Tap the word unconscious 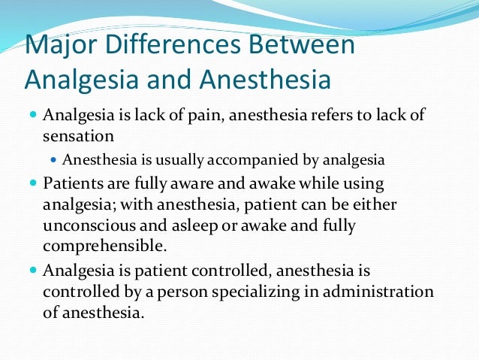[x=85, y=225]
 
